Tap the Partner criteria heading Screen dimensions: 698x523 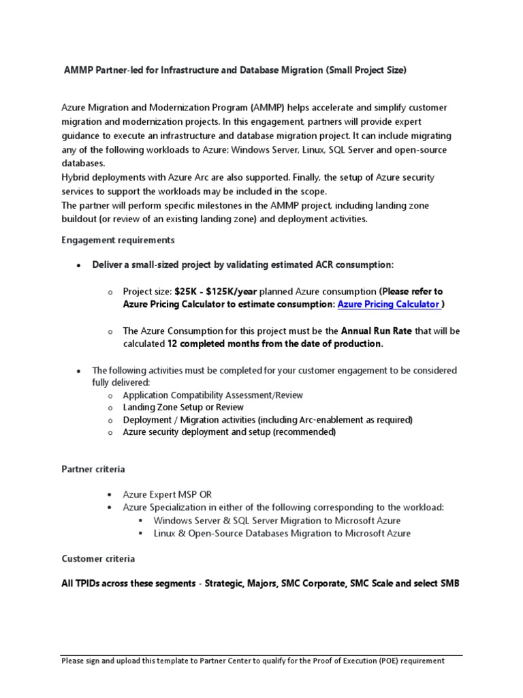pyautogui.click(x=93, y=470)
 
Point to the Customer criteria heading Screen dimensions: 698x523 pyautogui.click(x=98, y=558)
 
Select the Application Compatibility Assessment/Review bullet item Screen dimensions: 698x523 pyautogui.click(x=213, y=395)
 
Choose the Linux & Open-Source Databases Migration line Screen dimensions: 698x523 pyautogui.click(x=282, y=533)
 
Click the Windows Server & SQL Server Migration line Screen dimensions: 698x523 pyautogui.click(x=277, y=520)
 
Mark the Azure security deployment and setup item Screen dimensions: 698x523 pyautogui.click(x=229, y=431)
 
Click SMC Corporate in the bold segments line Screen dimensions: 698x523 pyautogui.click(x=312, y=584)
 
